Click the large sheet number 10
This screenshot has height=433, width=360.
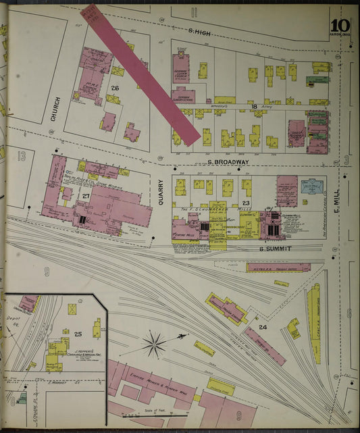point(338,15)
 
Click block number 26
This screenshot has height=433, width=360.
point(115,88)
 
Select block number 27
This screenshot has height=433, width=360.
point(86,196)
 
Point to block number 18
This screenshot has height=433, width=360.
point(254,107)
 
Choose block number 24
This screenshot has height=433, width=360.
point(263,328)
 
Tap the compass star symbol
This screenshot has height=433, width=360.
point(155,344)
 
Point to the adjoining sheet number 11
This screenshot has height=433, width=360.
point(195,11)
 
